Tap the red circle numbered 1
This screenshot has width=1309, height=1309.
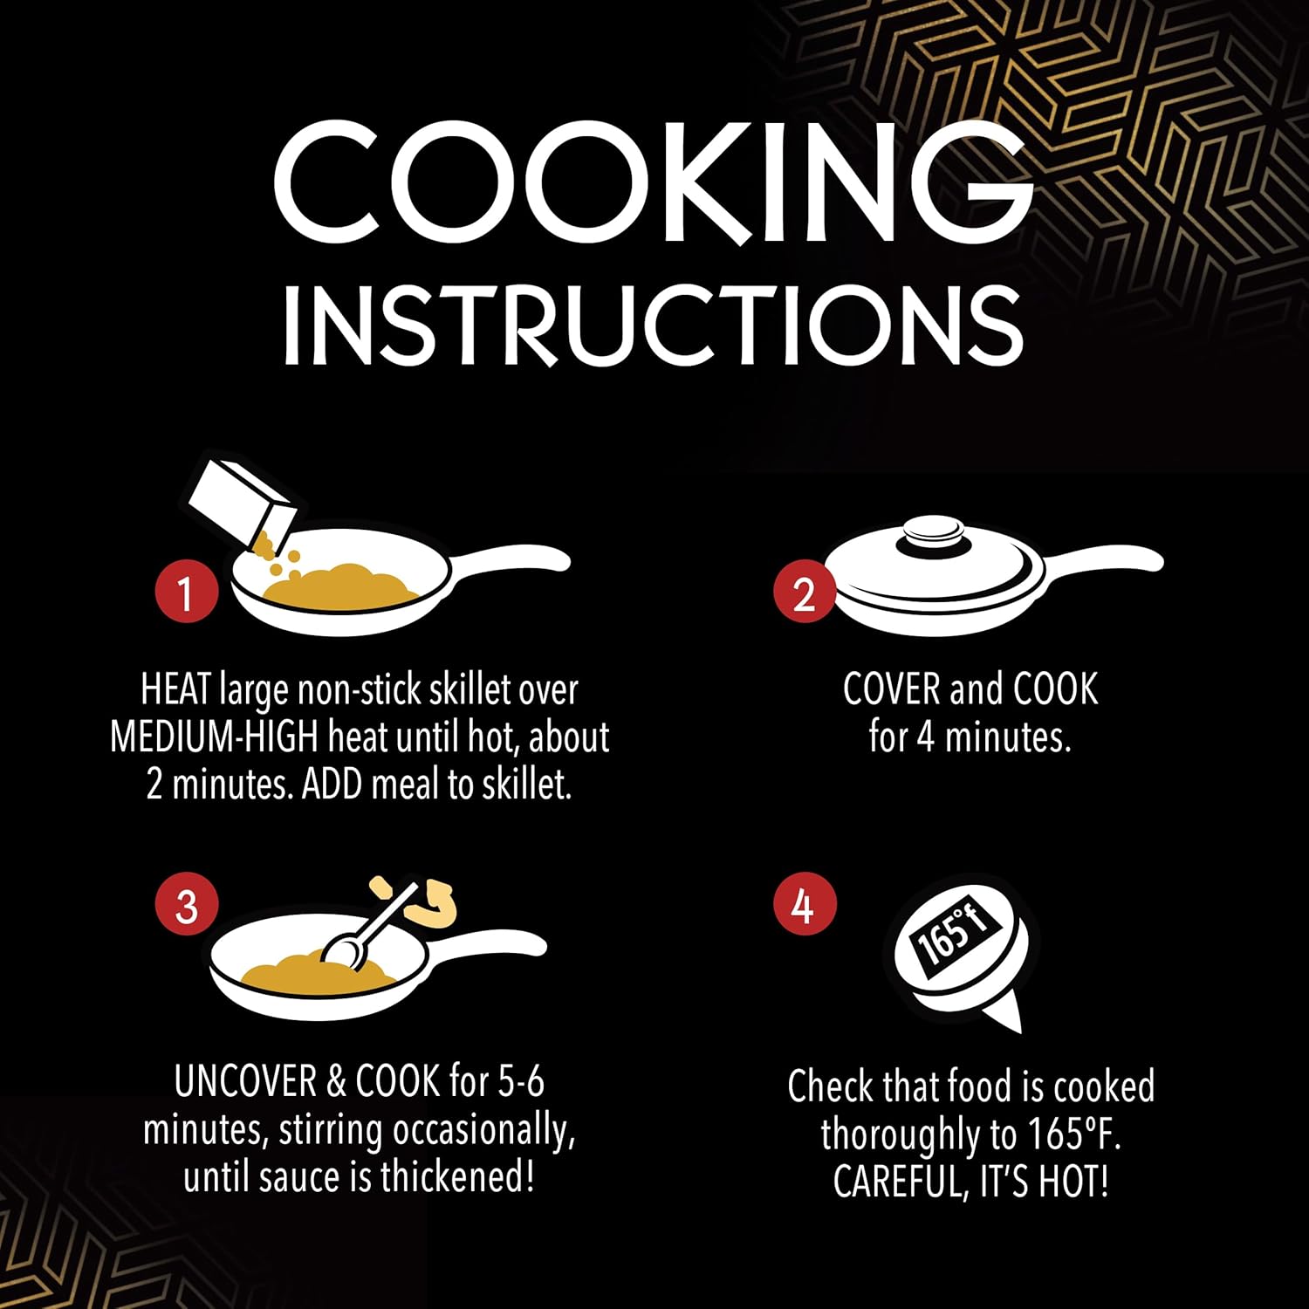(186, 593)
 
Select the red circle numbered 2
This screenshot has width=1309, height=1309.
(804, 593)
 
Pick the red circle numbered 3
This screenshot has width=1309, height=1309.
(186, 906)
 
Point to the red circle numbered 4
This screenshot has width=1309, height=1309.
(804, 906)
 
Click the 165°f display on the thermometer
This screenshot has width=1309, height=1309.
(954, 938)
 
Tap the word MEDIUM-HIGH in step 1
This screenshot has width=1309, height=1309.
(214, 738)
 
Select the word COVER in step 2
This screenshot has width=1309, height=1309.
(891, 689)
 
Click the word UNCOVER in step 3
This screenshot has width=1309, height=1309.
(246, 1082)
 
